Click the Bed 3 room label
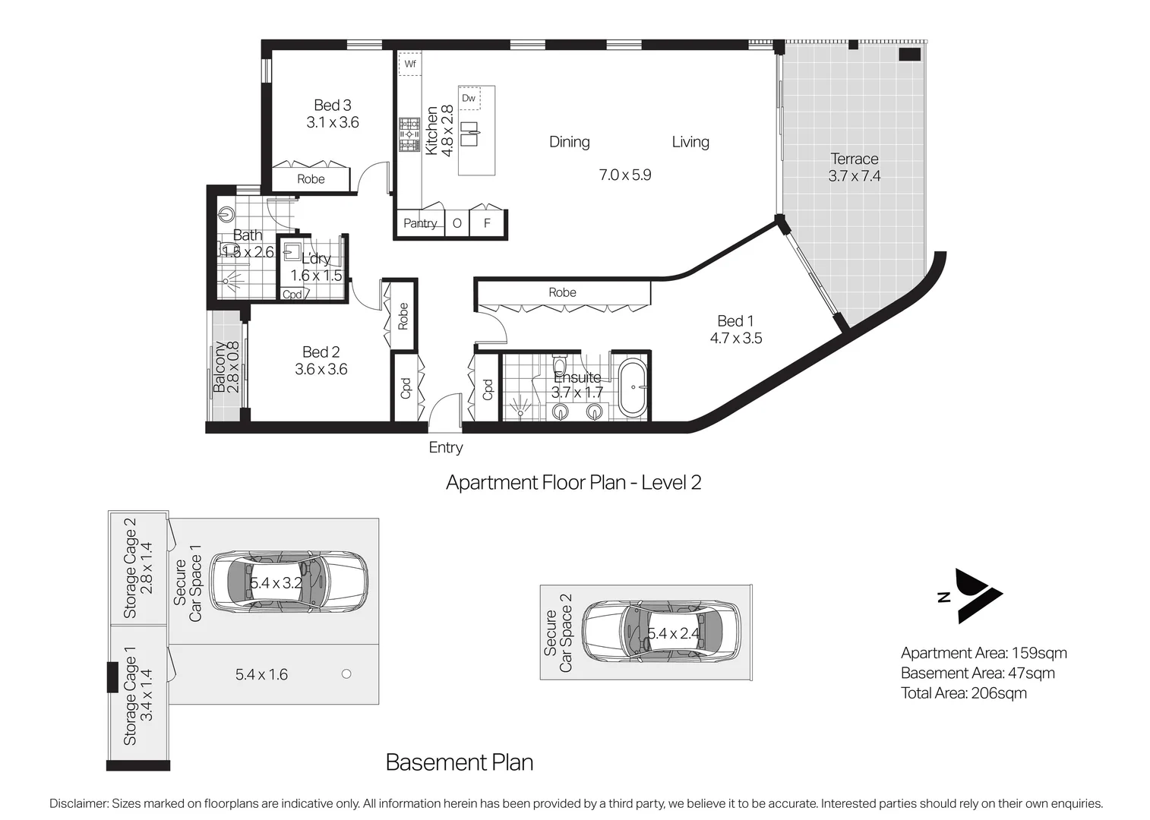tap(332, 106)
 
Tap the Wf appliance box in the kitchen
tap(409, 64)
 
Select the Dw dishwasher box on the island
tap(469, 98)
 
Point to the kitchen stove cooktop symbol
tap(409, 135)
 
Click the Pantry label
tap(420, 223)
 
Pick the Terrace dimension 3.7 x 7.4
tap(854, 176)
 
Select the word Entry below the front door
tap(446, 447)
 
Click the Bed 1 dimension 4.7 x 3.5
tap(736, 338)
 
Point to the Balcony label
tap(220, 367)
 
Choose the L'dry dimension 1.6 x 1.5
tap(316, 276)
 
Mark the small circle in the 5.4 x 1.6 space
tap(346, 673)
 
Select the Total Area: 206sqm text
tap(964, 693)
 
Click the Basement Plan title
tap(460, 762)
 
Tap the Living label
tap(690, 142)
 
